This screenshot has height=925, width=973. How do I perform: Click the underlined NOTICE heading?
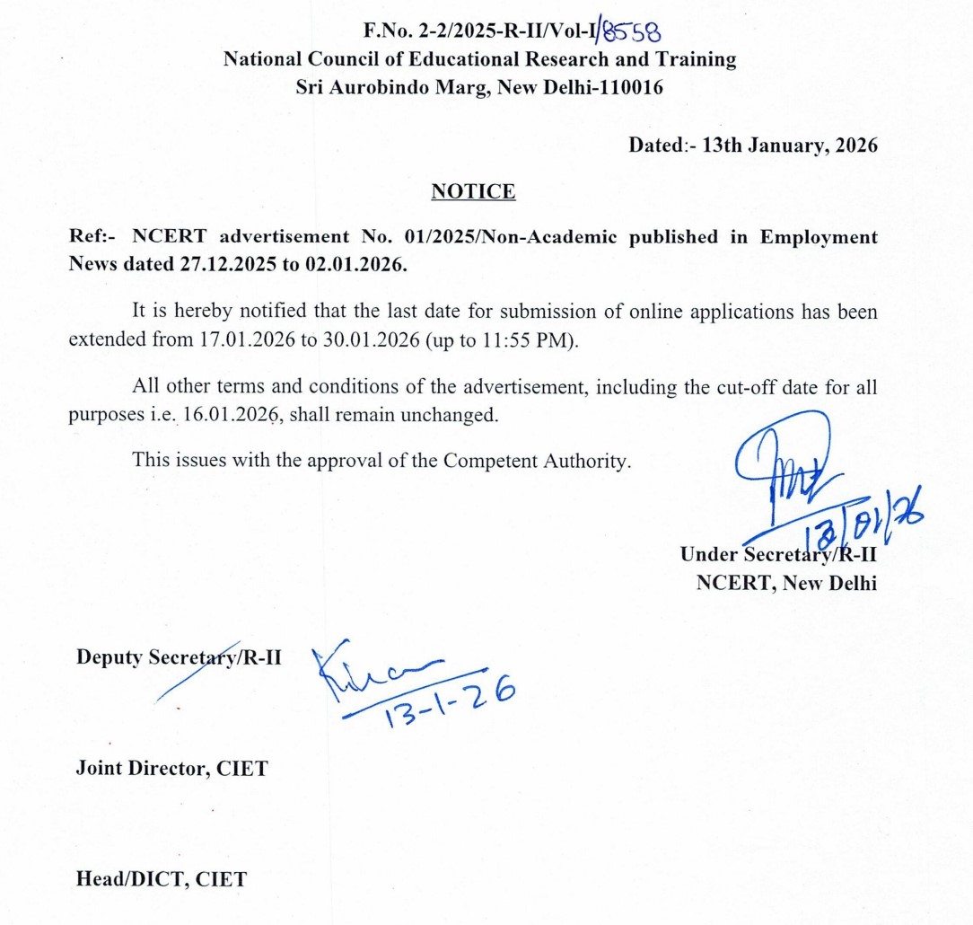point(473,191)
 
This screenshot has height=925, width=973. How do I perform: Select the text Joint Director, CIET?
point(171,769)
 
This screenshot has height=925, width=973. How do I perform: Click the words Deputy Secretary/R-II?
point(179,656)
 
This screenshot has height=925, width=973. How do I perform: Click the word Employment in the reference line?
point(819,236)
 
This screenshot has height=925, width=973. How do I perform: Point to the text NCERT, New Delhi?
point(786,581)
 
